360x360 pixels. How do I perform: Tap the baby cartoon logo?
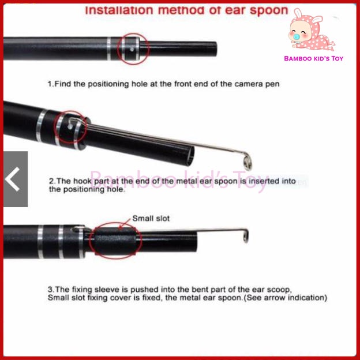311,29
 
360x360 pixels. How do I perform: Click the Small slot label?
151,219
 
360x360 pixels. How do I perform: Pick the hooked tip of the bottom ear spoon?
245,234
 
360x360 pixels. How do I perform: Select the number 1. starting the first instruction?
50,84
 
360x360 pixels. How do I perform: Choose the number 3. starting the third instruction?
51,289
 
